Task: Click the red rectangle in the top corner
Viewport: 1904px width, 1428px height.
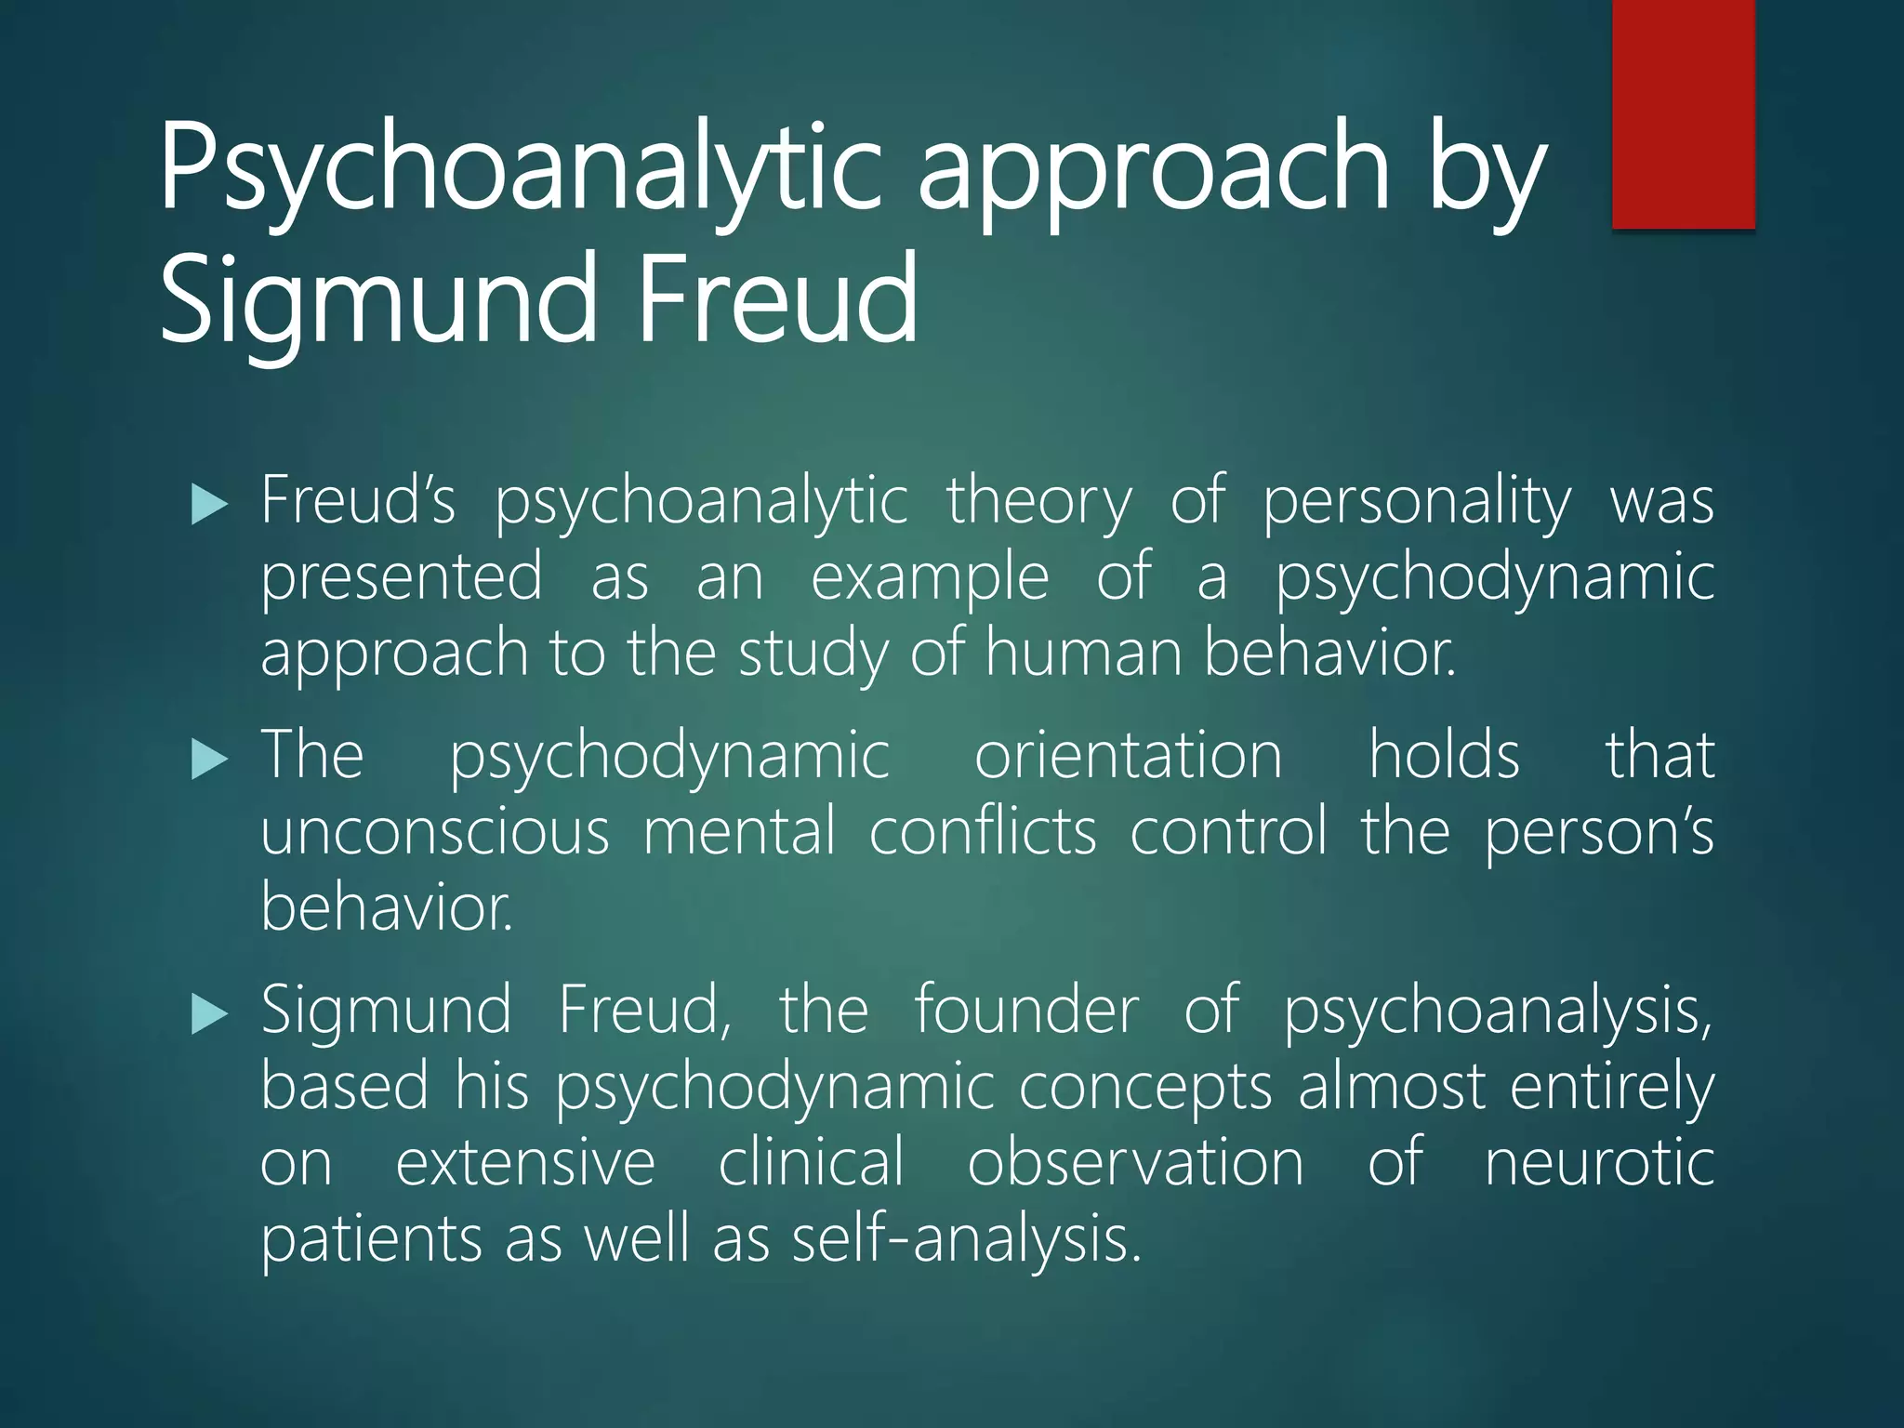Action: (x=1683, y=113)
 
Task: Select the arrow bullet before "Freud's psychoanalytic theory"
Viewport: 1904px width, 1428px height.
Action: (x=208, y=506)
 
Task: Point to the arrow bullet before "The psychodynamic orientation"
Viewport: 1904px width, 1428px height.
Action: (x=208, y=760)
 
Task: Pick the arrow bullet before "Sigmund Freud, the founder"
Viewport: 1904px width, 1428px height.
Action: (x=208, y=1013)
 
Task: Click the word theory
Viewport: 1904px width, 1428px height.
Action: (x=1039, y=503)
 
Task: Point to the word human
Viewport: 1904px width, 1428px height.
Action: (x=1083, y=653)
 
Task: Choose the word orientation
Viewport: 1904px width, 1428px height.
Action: (x=1128, y=755)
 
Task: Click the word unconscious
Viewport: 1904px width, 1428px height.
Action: (x=435, y=831)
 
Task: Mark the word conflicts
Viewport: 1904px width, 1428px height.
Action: (x=983, y=831)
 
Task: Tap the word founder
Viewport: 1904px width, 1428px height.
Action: (x=1026, y=1010)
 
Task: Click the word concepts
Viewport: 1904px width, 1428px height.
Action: (x=1145, y=1088)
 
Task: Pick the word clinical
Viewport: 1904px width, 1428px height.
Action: (x=811, y=1162)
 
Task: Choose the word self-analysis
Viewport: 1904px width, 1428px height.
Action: (x=966, y=1240)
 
